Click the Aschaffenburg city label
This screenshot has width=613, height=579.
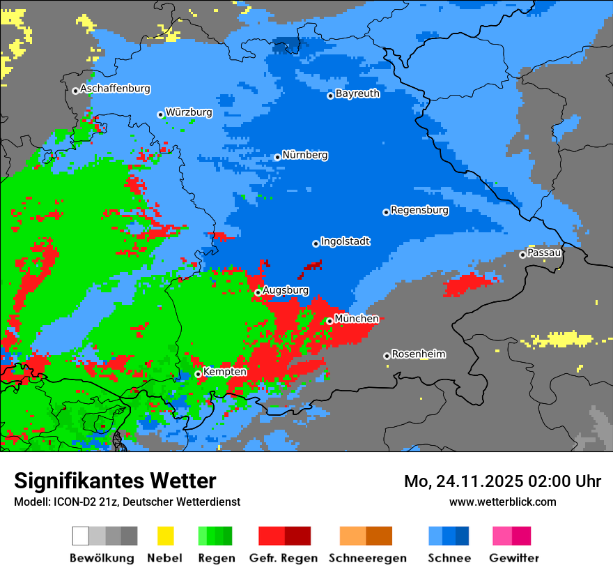coord(115,89)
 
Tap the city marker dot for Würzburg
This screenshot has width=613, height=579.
coord(160,114)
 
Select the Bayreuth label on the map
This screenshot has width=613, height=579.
coord(357,93)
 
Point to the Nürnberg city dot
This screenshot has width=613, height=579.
coord(277,157)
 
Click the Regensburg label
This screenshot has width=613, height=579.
coord(419,210)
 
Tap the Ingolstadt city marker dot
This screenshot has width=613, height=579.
coord(316,243)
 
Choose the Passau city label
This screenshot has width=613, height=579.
coord(544,253)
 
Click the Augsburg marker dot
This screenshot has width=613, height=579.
coord(258,292)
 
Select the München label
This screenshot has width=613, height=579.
coord(357,319)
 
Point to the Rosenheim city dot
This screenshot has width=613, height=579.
coord(387,356)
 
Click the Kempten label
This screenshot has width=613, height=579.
coord(224,372)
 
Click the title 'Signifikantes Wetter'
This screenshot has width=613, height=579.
coord(115,481)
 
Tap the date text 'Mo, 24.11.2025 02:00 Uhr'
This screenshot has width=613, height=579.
coord(502,481)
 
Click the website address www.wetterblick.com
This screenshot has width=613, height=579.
coord(502,502)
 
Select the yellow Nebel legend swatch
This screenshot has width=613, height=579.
coord(165,536)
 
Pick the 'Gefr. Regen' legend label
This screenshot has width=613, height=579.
coord(283,558)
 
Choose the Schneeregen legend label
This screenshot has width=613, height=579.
coord(367,558)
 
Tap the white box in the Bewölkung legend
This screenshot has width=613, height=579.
coord(81,536)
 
